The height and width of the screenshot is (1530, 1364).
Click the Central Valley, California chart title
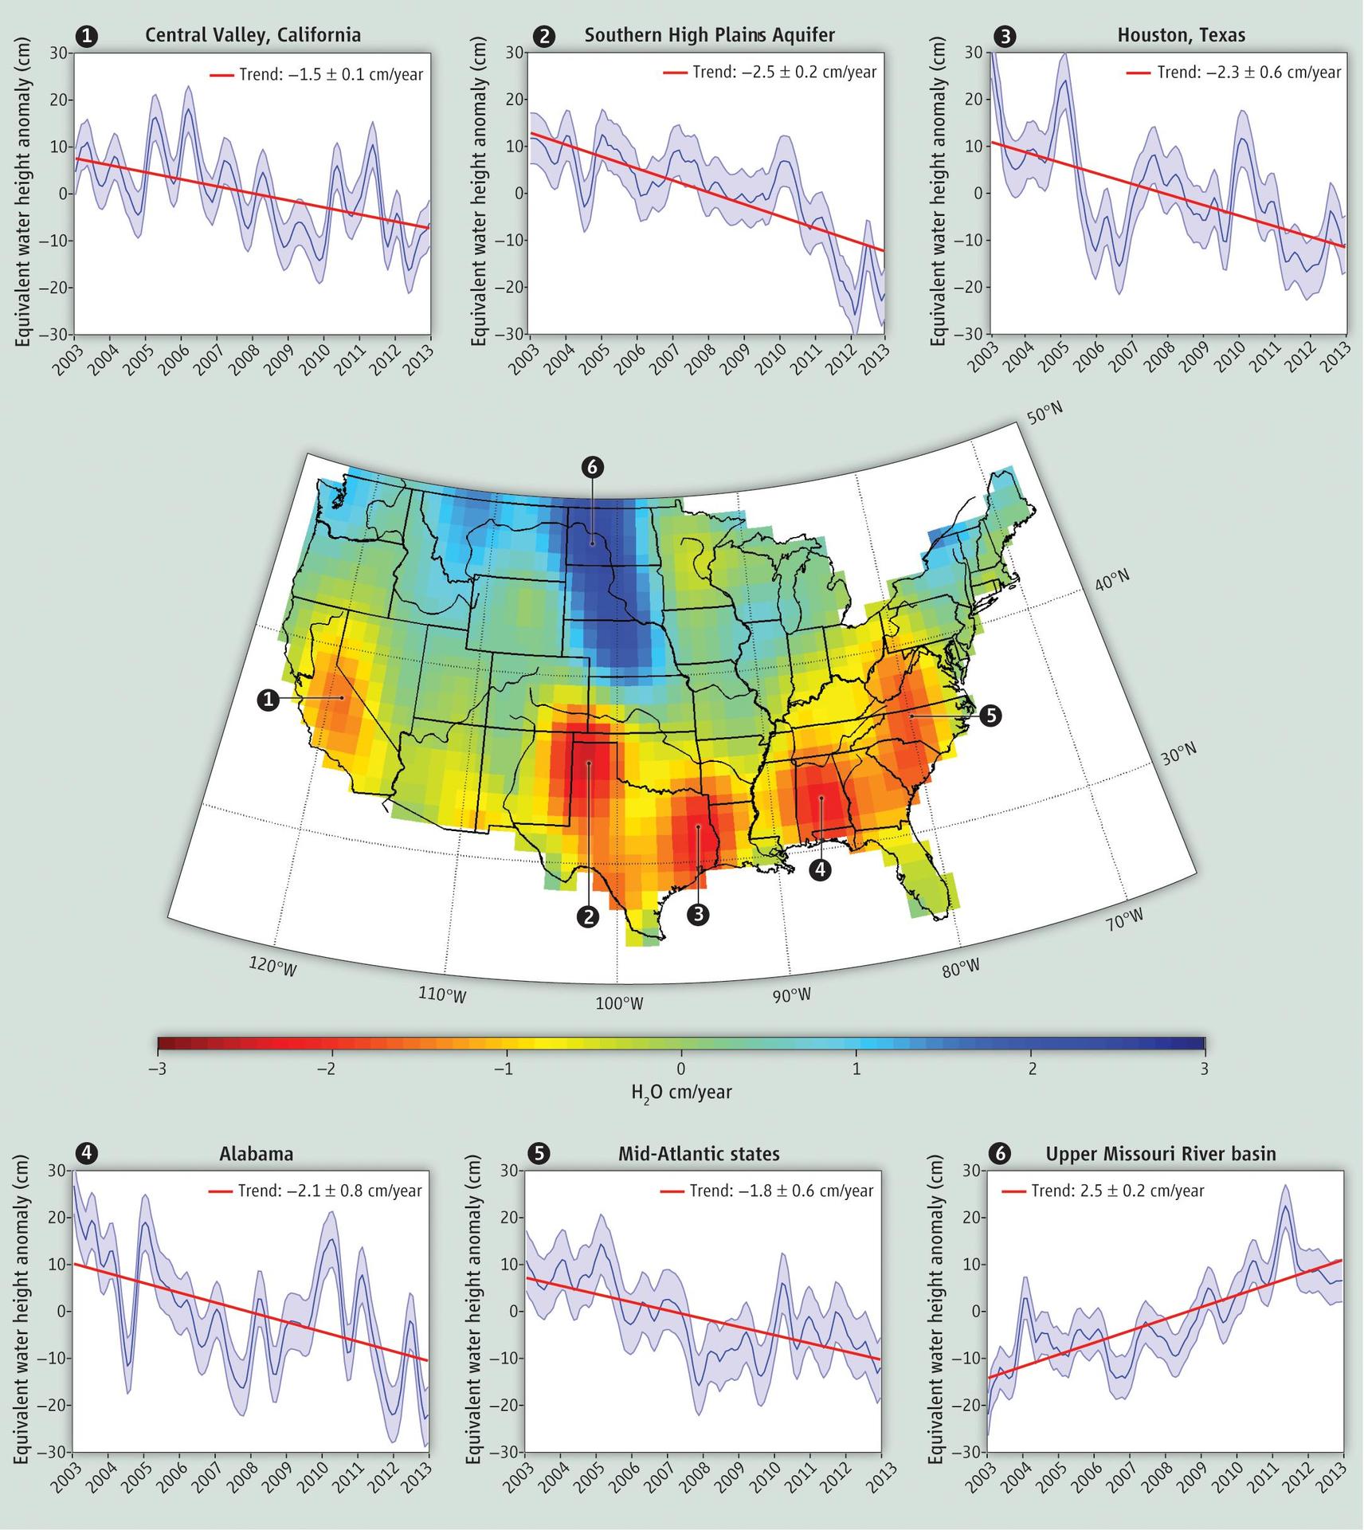(253, 35)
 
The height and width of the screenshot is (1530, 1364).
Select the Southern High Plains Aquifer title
(710, 35)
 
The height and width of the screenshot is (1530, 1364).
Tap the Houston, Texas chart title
(1181, 35)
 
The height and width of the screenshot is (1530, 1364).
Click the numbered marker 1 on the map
(268, 700)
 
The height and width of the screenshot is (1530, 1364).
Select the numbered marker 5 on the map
(990, 716)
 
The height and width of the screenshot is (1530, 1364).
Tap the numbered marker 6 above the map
(592, 467)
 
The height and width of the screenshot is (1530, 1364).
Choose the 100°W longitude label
(619, 1003)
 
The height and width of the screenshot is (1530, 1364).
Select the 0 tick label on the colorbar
(680, 1069)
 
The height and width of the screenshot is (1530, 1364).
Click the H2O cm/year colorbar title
(681, 1093)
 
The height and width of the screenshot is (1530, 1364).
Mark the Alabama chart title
(256, 1154)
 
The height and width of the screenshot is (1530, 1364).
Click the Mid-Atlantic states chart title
(699, 1154)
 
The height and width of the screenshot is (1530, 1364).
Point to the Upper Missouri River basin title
(1161, 1154)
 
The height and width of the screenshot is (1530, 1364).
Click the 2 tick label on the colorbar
(1032, 1069)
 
